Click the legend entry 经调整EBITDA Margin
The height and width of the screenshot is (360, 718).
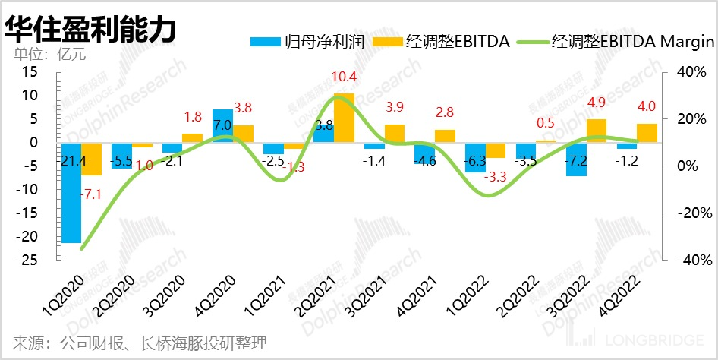click(616, 42)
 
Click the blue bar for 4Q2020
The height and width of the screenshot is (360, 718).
click(222, 126)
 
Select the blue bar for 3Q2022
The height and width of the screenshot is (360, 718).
click(576, 159)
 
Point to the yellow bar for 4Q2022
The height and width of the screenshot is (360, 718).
click(647, 133)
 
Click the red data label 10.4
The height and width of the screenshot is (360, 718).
click(343, 77)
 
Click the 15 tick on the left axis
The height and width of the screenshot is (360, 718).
click(30, 71)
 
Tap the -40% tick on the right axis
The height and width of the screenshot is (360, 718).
click(691, 260)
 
